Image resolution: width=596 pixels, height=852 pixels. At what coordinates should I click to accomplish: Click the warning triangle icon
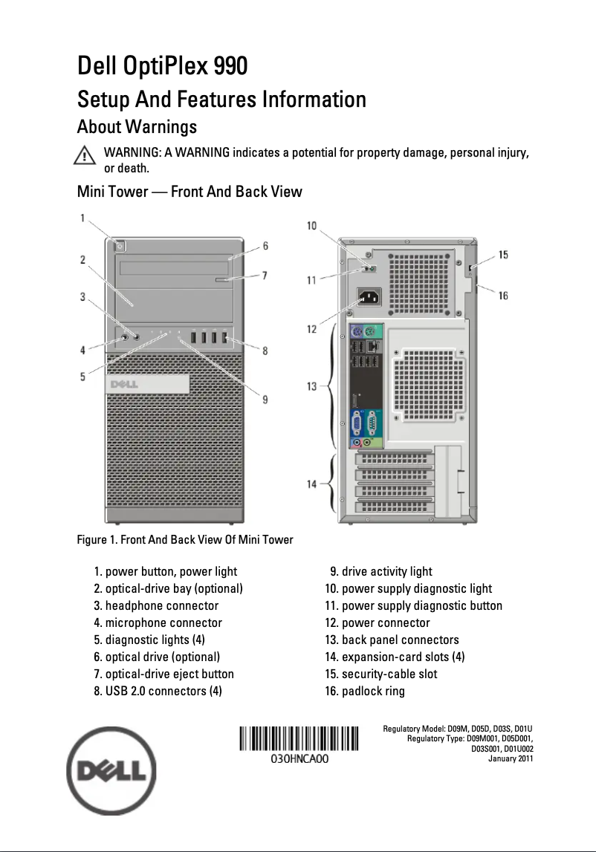(85, 156)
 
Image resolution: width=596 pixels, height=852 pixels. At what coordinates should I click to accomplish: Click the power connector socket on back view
(372, 299)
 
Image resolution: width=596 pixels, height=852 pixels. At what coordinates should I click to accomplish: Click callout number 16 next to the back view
(503, 296)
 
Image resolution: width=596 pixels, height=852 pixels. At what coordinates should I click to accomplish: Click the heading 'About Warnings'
(137, 126)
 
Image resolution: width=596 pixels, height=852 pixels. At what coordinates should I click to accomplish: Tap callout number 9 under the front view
(265, 400)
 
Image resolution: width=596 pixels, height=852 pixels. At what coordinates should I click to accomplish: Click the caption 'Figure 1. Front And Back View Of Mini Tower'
(185, 539)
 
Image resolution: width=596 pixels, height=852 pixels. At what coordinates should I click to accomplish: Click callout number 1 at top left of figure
(82, 218)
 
